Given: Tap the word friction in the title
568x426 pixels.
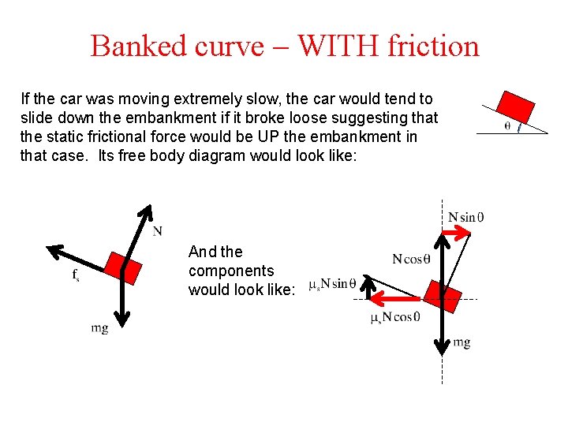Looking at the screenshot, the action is [x=433, y=46].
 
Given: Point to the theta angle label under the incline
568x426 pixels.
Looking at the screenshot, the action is [x=506, y=125].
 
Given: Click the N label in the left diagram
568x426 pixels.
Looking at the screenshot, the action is [x=158, y=231].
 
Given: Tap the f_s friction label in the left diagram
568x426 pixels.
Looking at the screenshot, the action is [x=76, y=275].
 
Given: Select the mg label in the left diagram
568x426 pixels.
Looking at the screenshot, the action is [x=99, y=328].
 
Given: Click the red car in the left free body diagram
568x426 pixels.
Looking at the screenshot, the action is [x=124, y=268].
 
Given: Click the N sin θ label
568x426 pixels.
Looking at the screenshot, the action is [x=466, y=217].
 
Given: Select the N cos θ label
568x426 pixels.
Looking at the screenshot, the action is [x=411, y=259].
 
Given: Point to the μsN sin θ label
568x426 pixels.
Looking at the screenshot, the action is [x=332, y=283].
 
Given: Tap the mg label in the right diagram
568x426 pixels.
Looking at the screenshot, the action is [x=461, y=342].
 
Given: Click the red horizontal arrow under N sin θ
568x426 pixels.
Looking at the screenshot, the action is [x=457, y=232].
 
